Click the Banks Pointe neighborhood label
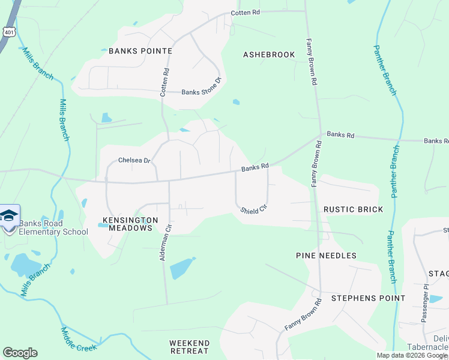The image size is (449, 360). pos(140,51)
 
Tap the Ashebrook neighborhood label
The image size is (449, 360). pos(269,55)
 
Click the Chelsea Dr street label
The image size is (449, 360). pos(133,161)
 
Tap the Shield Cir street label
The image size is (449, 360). pos(253,209)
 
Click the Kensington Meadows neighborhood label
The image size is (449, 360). pos(130,224)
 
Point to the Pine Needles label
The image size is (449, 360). pos(326,256)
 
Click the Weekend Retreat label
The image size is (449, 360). pos(188,346)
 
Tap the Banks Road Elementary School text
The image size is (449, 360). pos(53,228)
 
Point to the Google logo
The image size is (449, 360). pos(20,353)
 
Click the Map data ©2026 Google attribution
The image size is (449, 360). pos(412,356)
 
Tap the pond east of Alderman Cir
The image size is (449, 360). pos(182,268)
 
